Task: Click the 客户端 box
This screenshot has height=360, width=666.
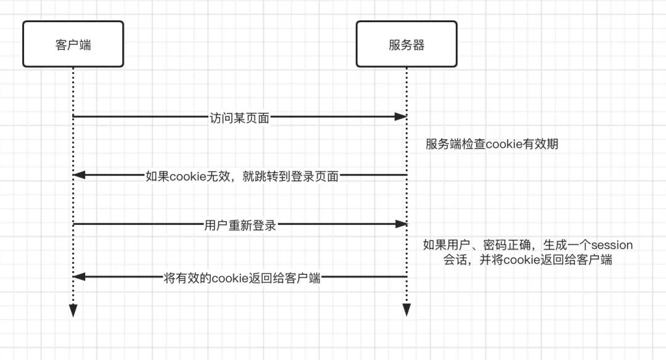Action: pos(73,44)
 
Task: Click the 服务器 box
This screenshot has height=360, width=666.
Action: pos(406,44)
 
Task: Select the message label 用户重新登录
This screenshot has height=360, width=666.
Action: pos(239,226)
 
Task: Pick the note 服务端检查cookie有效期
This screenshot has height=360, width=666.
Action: pos(491,145)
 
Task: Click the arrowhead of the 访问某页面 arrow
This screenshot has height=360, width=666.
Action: pos(401,117)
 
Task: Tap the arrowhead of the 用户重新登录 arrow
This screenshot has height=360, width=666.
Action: pos(401,224)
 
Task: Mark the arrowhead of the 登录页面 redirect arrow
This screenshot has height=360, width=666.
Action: pos(78,176)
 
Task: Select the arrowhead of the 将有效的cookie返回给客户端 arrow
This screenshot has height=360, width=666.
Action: pos(78,277)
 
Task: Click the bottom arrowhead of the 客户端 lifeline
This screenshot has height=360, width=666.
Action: pos(73,311)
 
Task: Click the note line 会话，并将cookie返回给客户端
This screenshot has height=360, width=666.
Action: pos(528,260)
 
